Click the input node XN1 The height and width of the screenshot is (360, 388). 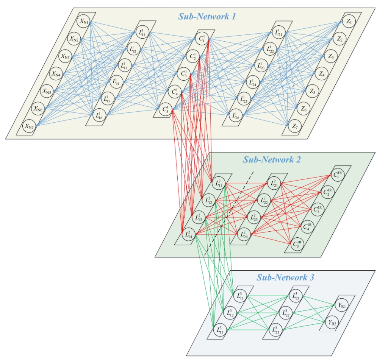[84, 22]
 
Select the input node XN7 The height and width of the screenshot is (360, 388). [29, 126]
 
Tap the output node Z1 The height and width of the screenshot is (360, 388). [349, 22]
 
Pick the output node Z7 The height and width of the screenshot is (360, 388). [294, 126]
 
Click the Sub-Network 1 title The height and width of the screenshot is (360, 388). [207, 17]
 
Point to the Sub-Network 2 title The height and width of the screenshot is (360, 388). [272, 160]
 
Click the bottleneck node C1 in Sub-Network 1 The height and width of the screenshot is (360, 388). [201, 38]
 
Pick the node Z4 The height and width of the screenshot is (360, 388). [322, 74]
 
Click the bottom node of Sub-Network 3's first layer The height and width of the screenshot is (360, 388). [219, 329]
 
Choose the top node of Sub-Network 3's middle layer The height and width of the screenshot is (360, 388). [296, 295]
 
